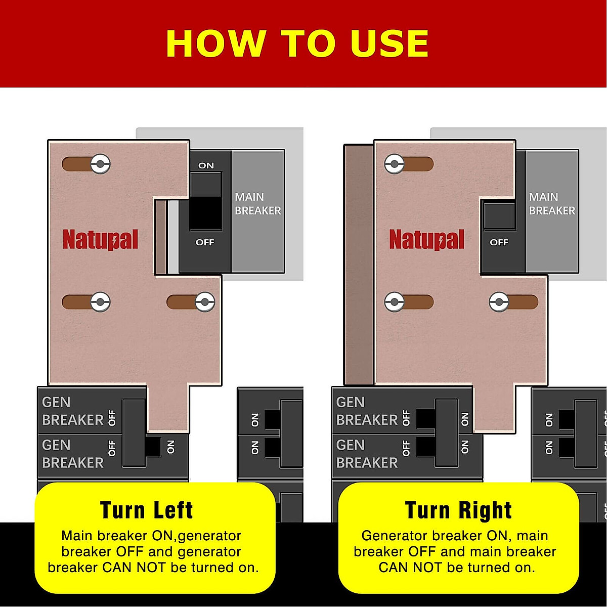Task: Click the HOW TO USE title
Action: click(x=297, y=44)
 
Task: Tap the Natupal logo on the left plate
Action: click(x=100, y=239)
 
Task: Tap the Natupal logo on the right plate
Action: click(x=426, y=239)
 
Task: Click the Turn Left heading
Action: click(x=146, y=510)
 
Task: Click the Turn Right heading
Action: click(x=458, y=510)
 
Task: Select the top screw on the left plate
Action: click(x=101, y=164)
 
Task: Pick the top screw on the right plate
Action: click(x=394, y=164)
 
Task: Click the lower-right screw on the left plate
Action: click(x=205, y=302)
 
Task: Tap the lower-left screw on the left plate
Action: click(x=101, y=302)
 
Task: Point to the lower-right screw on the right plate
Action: click(x=499, y=302)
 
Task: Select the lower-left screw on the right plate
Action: click(x=394, y=302)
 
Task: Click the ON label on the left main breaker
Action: click(x=206, y=165)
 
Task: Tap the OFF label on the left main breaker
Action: click(x=205, y=242)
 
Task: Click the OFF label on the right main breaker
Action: click(x=499, y=242)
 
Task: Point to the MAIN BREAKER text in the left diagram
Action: click(x=257, y=204)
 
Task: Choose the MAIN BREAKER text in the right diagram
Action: click(x=552, y=204)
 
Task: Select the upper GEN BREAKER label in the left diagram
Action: click(x=72, y=411)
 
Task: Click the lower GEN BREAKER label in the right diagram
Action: click(x=367, y=454)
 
